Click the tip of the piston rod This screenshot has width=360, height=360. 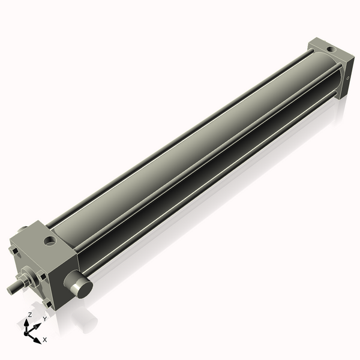point(10,290)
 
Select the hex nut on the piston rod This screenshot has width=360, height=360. point(28,280)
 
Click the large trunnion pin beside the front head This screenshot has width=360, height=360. point(79,284)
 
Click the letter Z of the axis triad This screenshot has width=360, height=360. point(29,314)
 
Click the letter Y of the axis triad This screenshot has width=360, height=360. point(44,319)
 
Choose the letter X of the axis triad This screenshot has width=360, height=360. point(44,340)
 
